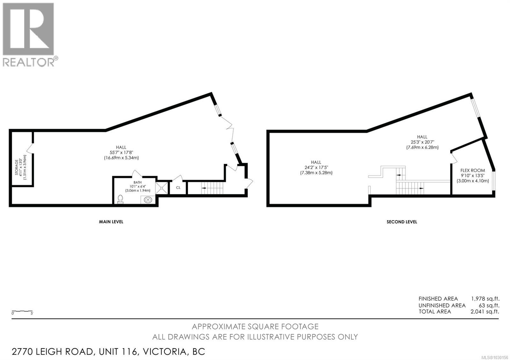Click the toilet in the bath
(x=120, y=199)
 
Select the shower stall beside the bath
(x=162, y=188)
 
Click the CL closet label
(x=178, y=188)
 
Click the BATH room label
(x=137, y=182)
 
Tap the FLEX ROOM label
(x=472, y=170)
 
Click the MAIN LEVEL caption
(x=111, y=222)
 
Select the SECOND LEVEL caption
(x=402, y=222)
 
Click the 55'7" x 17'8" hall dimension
(x=121, y=153)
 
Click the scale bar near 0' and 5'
(x=22, y=311)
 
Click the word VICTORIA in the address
(x=164, y=352)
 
